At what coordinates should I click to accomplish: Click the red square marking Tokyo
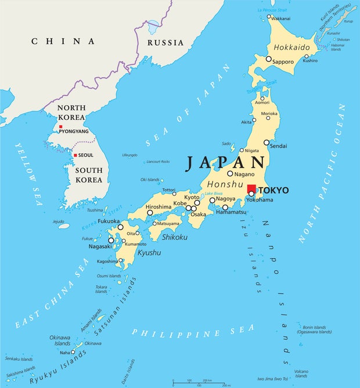click(251, 189)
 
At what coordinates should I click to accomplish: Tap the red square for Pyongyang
click(60, 126)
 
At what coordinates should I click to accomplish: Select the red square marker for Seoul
click(75, 155)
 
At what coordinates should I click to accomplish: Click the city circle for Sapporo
click(268, 59)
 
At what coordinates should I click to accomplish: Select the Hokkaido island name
click(291, 46)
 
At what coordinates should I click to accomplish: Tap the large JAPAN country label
click(226, 164)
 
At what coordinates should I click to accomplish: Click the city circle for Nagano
click(230, 173)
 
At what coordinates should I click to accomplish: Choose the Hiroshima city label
click(158, 206)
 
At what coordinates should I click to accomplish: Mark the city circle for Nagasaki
click(111, 240)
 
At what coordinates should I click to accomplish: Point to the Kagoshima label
click(107, 262)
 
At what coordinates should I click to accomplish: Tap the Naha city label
click(64, 352)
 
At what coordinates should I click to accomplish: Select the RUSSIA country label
click(165, 42)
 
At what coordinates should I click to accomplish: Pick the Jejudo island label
click(58, 221)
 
